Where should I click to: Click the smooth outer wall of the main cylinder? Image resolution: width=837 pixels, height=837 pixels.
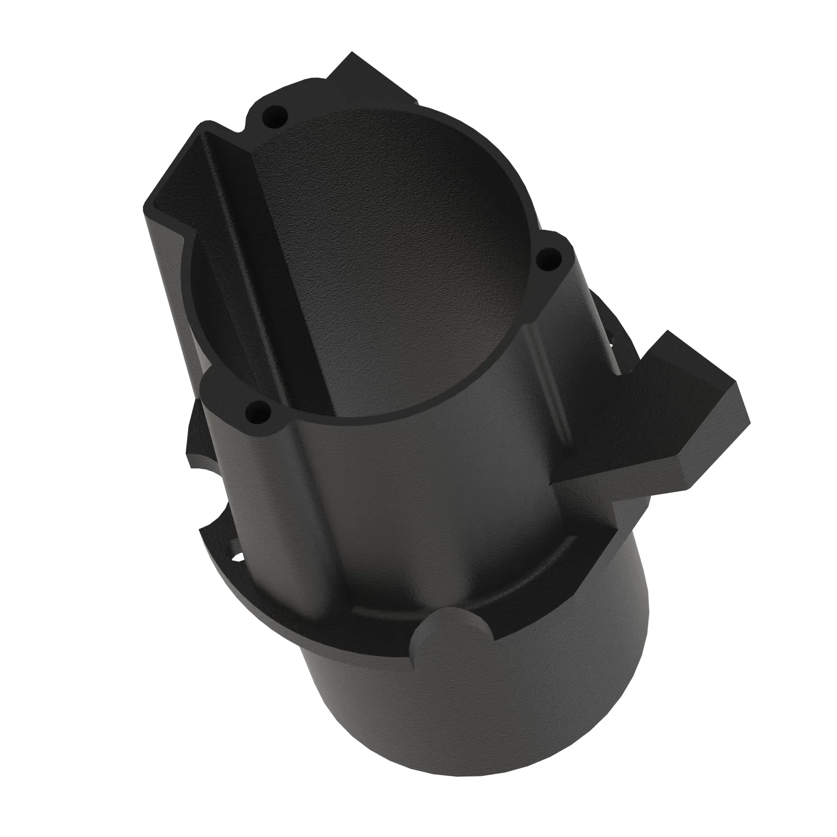pos(433,498)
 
